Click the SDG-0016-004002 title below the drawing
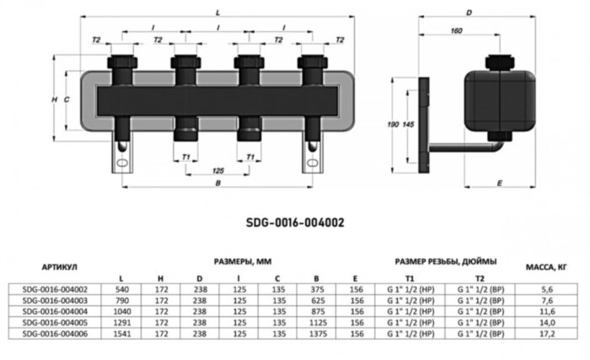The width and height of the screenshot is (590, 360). coord(295,223)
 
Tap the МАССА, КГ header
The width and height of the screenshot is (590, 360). coord(546,267)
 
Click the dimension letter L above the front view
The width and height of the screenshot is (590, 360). coord(217,13)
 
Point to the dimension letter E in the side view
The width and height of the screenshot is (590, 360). coord(500,182)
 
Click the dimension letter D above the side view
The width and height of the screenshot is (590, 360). coord(468,13)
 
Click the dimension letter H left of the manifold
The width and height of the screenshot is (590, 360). coord(54,100)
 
